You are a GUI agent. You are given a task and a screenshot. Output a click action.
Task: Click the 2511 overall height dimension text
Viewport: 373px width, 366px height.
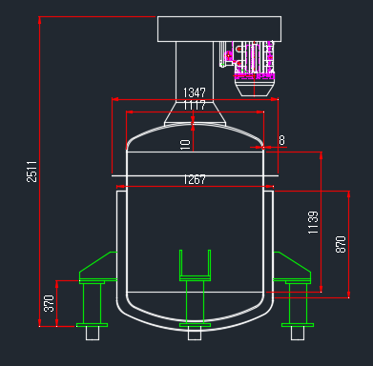[31, 172]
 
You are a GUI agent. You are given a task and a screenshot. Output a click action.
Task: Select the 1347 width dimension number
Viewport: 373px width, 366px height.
[195, 92]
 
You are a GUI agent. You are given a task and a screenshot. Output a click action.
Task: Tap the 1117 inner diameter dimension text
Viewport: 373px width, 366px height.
[195, 105]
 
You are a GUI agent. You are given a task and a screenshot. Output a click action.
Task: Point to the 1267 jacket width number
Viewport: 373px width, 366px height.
[195, 179]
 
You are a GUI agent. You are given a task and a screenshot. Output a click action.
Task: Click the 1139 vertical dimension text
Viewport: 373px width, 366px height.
[313, 222]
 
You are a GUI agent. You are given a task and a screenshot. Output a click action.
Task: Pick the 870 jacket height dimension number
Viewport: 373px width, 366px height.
[341, 244]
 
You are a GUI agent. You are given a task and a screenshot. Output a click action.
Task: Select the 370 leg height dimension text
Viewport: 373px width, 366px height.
[49, 303]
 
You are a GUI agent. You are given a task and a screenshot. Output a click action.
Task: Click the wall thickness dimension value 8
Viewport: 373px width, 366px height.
[281, 140]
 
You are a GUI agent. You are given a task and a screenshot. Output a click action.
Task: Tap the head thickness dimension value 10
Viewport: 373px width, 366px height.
[185, 145]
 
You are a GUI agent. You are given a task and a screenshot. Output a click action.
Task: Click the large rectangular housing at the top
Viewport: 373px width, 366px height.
[219, 29]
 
